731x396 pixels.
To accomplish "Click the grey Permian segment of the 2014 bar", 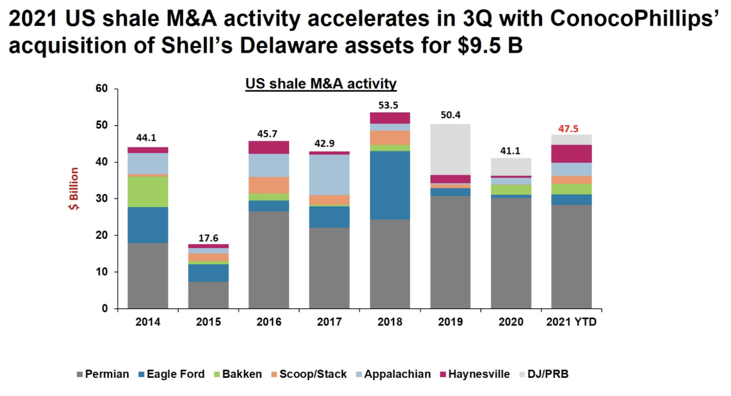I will tap(148, 275).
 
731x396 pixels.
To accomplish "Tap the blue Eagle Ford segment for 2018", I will tap(390, 185).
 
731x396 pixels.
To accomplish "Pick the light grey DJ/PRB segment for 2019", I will tap(450, 149).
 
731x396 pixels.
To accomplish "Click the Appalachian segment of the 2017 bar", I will tap(330, 175).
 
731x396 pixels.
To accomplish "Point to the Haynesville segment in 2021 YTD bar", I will tap(572, 153).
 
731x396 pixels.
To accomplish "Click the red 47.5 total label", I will tap(568, 129).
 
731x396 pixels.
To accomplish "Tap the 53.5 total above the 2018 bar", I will tap(390, 105).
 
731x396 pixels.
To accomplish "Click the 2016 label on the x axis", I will tap(268, 322).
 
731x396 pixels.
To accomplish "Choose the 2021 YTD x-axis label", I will tap(572, 322).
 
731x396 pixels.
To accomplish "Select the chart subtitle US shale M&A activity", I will tap(321, 84).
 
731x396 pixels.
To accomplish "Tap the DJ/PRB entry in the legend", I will tap(548, 375).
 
